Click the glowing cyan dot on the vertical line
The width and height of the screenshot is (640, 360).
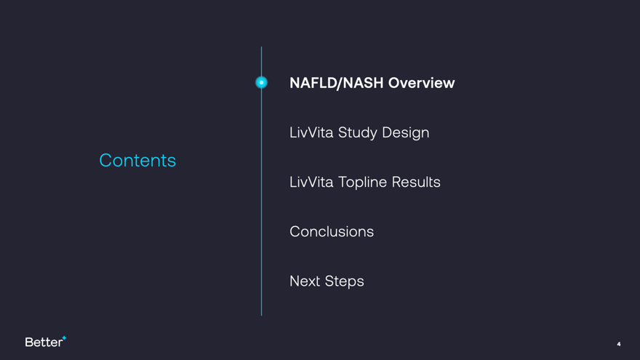pos(261,82)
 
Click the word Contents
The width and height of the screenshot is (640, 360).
pos(137,161)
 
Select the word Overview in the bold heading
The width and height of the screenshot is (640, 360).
pos(421,83)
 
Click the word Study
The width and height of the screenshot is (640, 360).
pos(358,132)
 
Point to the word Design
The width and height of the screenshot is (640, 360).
pos(405,133)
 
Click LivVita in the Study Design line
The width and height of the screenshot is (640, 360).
pos(311,132)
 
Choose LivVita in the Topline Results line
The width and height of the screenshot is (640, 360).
pos(311,182)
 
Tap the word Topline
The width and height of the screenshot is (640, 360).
pos(362,183)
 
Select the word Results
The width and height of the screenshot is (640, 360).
pos(416,182)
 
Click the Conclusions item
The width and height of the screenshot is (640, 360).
pos(332,232)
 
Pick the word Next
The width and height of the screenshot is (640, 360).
pos(305,281)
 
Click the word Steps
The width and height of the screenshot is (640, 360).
pos(345,281)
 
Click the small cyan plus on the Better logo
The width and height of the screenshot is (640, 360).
pos(64,338)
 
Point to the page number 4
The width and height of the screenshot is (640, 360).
pos(619,344)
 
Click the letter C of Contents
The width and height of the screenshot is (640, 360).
pos(105,161)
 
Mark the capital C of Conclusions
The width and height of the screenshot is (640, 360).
pos(295,232)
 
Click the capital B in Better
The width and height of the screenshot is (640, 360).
pos(29,342)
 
